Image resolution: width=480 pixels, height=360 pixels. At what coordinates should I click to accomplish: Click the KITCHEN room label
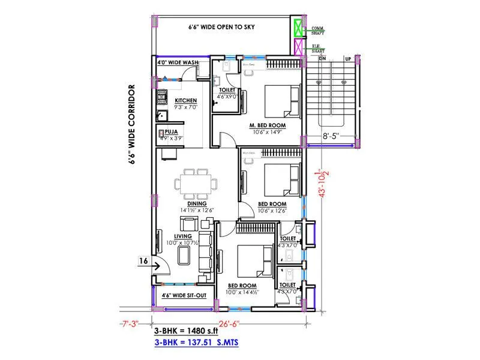(x=186, y=100)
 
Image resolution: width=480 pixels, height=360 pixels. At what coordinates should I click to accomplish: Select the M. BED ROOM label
(x=267, y=125)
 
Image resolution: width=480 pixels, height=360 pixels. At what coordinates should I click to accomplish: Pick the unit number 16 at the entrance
(x=143, y=261)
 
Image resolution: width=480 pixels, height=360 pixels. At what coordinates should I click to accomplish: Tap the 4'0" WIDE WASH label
(x=178, y=62)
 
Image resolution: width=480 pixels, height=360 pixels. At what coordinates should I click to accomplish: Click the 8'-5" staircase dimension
(x=331, y=136)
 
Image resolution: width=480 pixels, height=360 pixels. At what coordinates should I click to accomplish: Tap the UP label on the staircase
(x=347, y=59)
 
